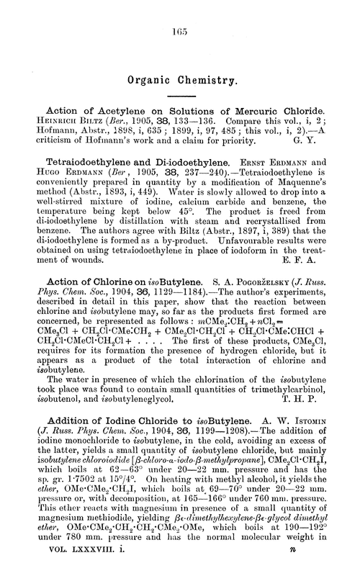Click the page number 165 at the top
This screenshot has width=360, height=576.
pos(181,32)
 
